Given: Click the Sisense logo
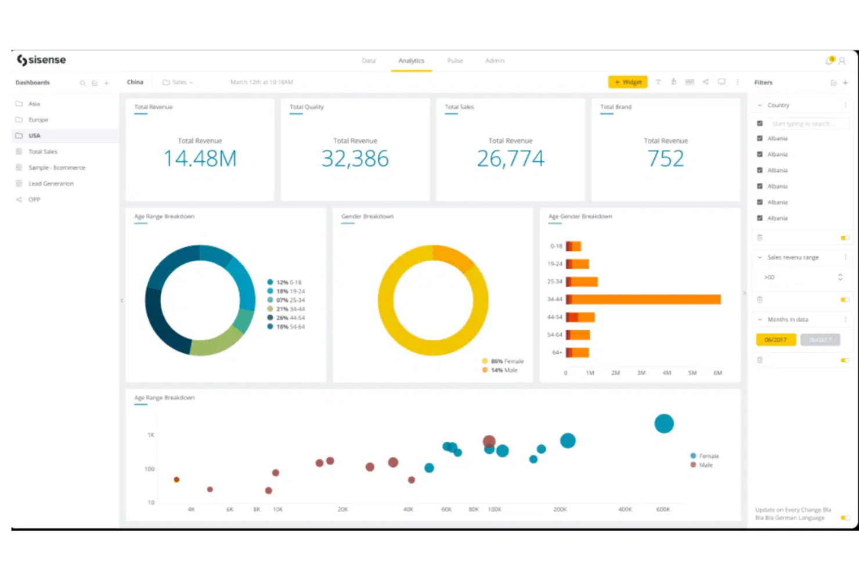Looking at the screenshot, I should (x=41, y=60).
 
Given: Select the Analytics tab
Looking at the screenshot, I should (x=411, y=61).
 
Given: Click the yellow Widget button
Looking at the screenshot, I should (x=627, y=82).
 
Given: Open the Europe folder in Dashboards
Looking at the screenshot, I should (x=38, y=120).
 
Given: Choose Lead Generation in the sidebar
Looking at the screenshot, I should (x=51, y=184).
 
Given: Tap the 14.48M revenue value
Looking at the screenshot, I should (x=200, y=158).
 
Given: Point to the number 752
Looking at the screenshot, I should (x=665, y=158).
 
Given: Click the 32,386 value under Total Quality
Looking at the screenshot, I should (x=355, y=158).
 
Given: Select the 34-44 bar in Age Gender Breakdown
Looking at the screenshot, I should (x=644, y=300).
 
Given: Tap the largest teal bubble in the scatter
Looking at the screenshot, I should (x=663, y=424).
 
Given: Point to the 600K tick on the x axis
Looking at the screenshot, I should (x=663, y=510).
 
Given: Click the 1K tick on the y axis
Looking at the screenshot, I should (x=151, y=435).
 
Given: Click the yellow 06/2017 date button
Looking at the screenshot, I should (x=775, y=340).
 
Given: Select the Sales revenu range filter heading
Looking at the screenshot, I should (x=793, y=258).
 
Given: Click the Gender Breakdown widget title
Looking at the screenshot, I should (x=367, y=217).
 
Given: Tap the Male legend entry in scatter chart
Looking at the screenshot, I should (x=705, y=465).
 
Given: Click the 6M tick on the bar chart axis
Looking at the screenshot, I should (x=717, y=373).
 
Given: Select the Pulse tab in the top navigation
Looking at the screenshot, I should (x=455, y=61).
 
